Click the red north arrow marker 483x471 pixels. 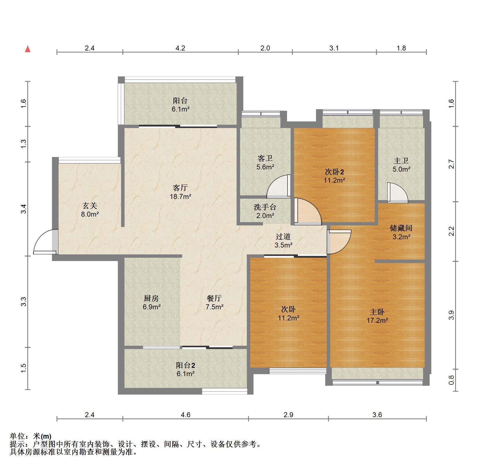click(28, 49)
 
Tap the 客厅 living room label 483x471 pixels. click(180, 188)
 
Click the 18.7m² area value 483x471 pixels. click(181, 197)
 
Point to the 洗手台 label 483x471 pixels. click(265, 207)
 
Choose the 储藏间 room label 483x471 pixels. click(401, 228)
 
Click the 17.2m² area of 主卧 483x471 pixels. click(377, 321)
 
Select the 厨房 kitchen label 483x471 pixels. click(151, 298)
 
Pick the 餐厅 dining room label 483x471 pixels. click(214, 298)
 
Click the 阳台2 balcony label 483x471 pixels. click(186, 365)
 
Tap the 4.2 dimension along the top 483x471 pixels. click(180, 48)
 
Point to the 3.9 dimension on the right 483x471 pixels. click(451, 315)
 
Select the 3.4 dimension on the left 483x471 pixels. click(24, 209)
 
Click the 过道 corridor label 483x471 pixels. click(283, 236)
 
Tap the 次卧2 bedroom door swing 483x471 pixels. click(307, 211)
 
